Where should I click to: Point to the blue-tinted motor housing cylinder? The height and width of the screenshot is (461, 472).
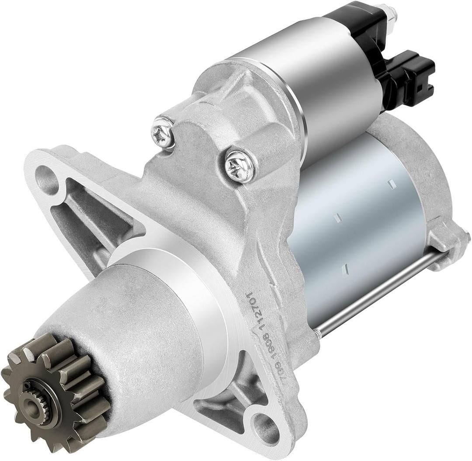coord(358,218)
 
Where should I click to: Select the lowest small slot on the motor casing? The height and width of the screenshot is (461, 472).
coord(345,267)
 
